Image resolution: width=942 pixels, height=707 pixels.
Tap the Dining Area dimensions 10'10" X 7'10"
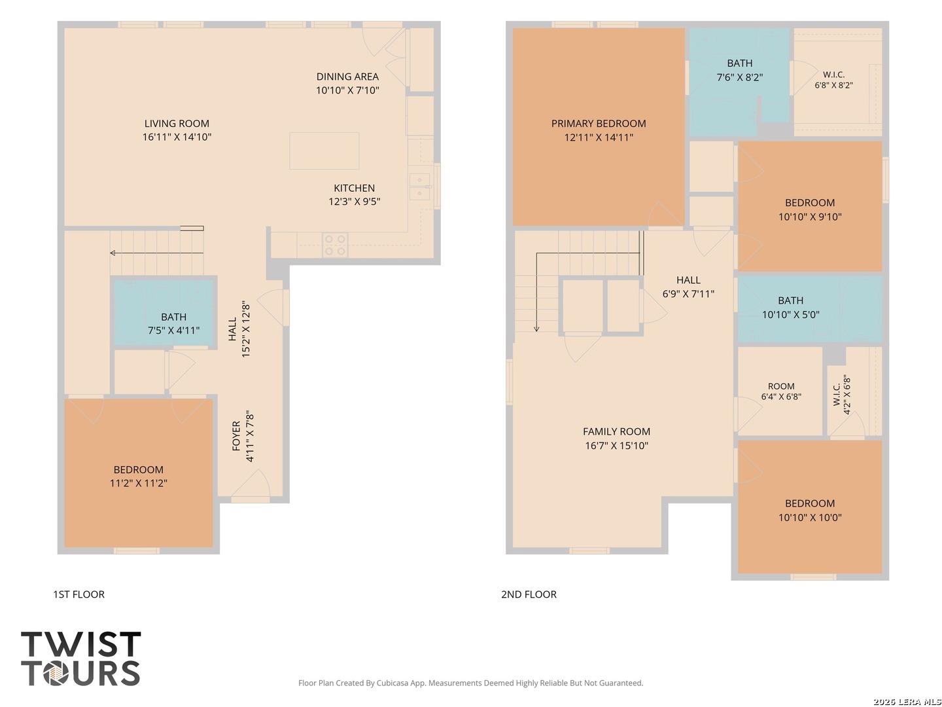(347, 90)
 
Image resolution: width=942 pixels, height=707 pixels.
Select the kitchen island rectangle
(324, 151)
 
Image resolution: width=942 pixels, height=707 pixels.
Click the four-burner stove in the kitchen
(335, 245)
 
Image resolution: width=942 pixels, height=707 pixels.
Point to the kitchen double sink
(419, 187)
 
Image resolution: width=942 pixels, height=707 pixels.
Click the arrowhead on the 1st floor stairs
(113, 253)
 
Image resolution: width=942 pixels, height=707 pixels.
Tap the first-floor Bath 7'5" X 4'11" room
(163, 312)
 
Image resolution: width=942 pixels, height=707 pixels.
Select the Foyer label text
(236, 436)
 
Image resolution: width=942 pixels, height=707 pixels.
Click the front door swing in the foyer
(251, 484)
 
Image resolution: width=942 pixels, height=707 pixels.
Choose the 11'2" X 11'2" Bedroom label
(138, 476)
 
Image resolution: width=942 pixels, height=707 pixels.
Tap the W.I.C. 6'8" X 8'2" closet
(837, 82)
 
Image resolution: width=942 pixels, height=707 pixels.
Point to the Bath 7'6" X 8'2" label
(739, 70)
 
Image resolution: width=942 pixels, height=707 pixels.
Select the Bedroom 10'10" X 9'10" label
(810, 209)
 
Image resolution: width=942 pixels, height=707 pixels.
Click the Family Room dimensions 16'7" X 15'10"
(616, 446)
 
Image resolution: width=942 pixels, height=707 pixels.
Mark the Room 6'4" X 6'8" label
(781, 391)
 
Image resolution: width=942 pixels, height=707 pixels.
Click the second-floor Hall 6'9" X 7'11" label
(688, 287)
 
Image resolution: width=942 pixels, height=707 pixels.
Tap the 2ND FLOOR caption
(529, 594)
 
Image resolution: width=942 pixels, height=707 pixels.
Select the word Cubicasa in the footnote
(392, 683)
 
